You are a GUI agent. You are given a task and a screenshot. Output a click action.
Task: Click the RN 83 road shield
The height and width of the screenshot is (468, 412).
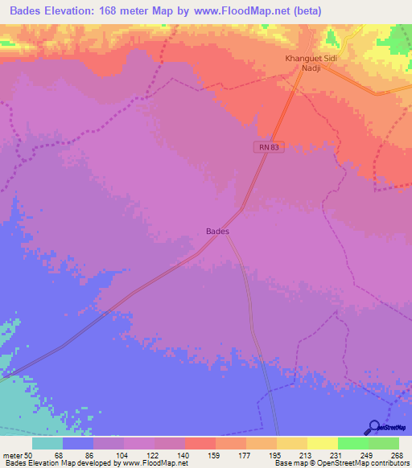click(x=270, y=147)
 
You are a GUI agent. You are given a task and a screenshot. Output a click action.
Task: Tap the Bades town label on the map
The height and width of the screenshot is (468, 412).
click(x=217, y=232)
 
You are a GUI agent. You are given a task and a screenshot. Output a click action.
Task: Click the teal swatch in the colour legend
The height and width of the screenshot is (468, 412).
click(x=47, y=444)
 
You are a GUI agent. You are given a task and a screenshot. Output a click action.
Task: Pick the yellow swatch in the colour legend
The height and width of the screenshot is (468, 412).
click(x=323, y=444)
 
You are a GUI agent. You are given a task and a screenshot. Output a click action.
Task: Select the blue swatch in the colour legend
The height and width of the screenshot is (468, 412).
click(x=78, y=444)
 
